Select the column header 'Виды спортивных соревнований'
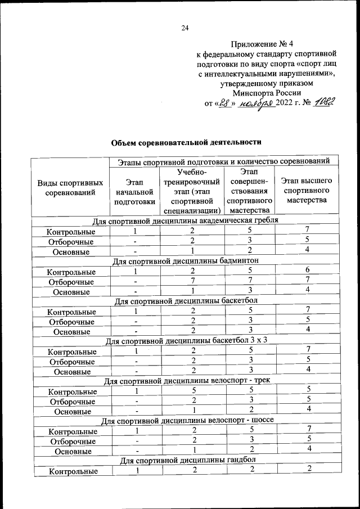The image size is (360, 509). pyautogui.click(x=70, y=188)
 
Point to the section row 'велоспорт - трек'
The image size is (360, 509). pyautogui.click(x=185, y=381)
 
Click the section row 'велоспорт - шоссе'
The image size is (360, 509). pyautogui.click(x=185, y=421)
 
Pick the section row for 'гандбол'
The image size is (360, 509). pyautogui.click(x=185, y=461)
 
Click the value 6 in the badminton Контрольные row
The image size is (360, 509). pyautogui.click(x=307, y=270)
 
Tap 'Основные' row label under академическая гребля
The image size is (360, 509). pyautogui.click(x=71, y=252)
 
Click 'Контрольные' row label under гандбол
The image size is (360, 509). pyautogui.click(x=71, y=472)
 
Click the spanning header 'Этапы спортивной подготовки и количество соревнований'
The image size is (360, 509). pyautogui.click(x=224, y=161)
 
